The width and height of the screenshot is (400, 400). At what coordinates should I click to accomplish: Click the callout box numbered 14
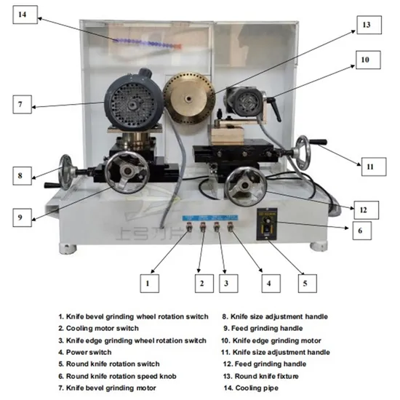click(x=23, y=14)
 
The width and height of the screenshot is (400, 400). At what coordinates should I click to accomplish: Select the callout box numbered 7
click(x=23, y=104)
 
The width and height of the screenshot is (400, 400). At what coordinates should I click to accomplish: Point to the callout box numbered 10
click(x=366, y=58)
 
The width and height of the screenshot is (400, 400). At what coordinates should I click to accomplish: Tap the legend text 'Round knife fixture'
click(x=265, y=375)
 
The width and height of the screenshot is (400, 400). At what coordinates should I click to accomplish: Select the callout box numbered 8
click(x=23, y=175)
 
